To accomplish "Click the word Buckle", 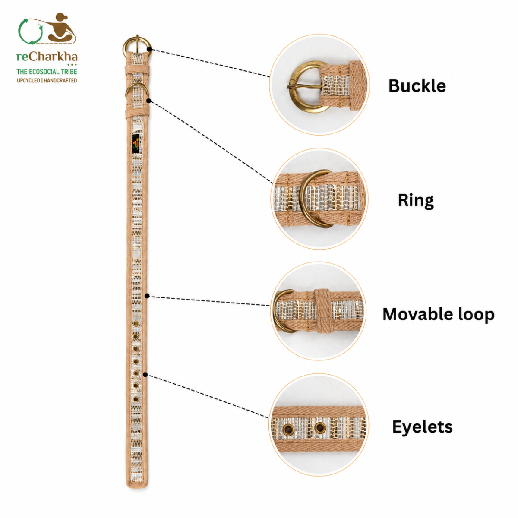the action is click(x=417, y=86).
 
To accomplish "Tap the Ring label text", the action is click(x=416, y=201).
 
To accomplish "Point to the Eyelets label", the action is click(x=422, y=427).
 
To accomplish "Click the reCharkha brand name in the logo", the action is click(x=47, y=57).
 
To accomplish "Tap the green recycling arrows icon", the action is click(x=30, y=32).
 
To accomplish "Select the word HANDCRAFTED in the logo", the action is click(x=60, y=80).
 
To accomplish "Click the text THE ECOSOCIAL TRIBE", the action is click(x=47, y=72).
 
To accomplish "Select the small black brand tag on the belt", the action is click(x=135, y=144).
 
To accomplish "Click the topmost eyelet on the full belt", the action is click(x=136, y=323).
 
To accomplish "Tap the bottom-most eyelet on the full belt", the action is click(x=136, y=399).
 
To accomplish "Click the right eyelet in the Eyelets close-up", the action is click(x=320, y=427).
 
